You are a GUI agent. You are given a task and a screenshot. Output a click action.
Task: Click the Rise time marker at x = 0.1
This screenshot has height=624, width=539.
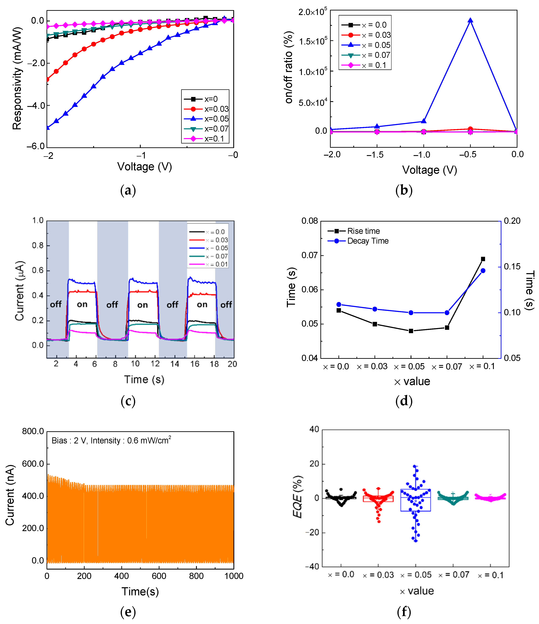coord(483,259)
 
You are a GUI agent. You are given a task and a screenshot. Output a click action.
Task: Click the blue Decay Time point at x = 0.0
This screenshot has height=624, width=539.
coord(339,304)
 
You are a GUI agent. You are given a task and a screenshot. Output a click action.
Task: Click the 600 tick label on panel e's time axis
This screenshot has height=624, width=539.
coord(159,576)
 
